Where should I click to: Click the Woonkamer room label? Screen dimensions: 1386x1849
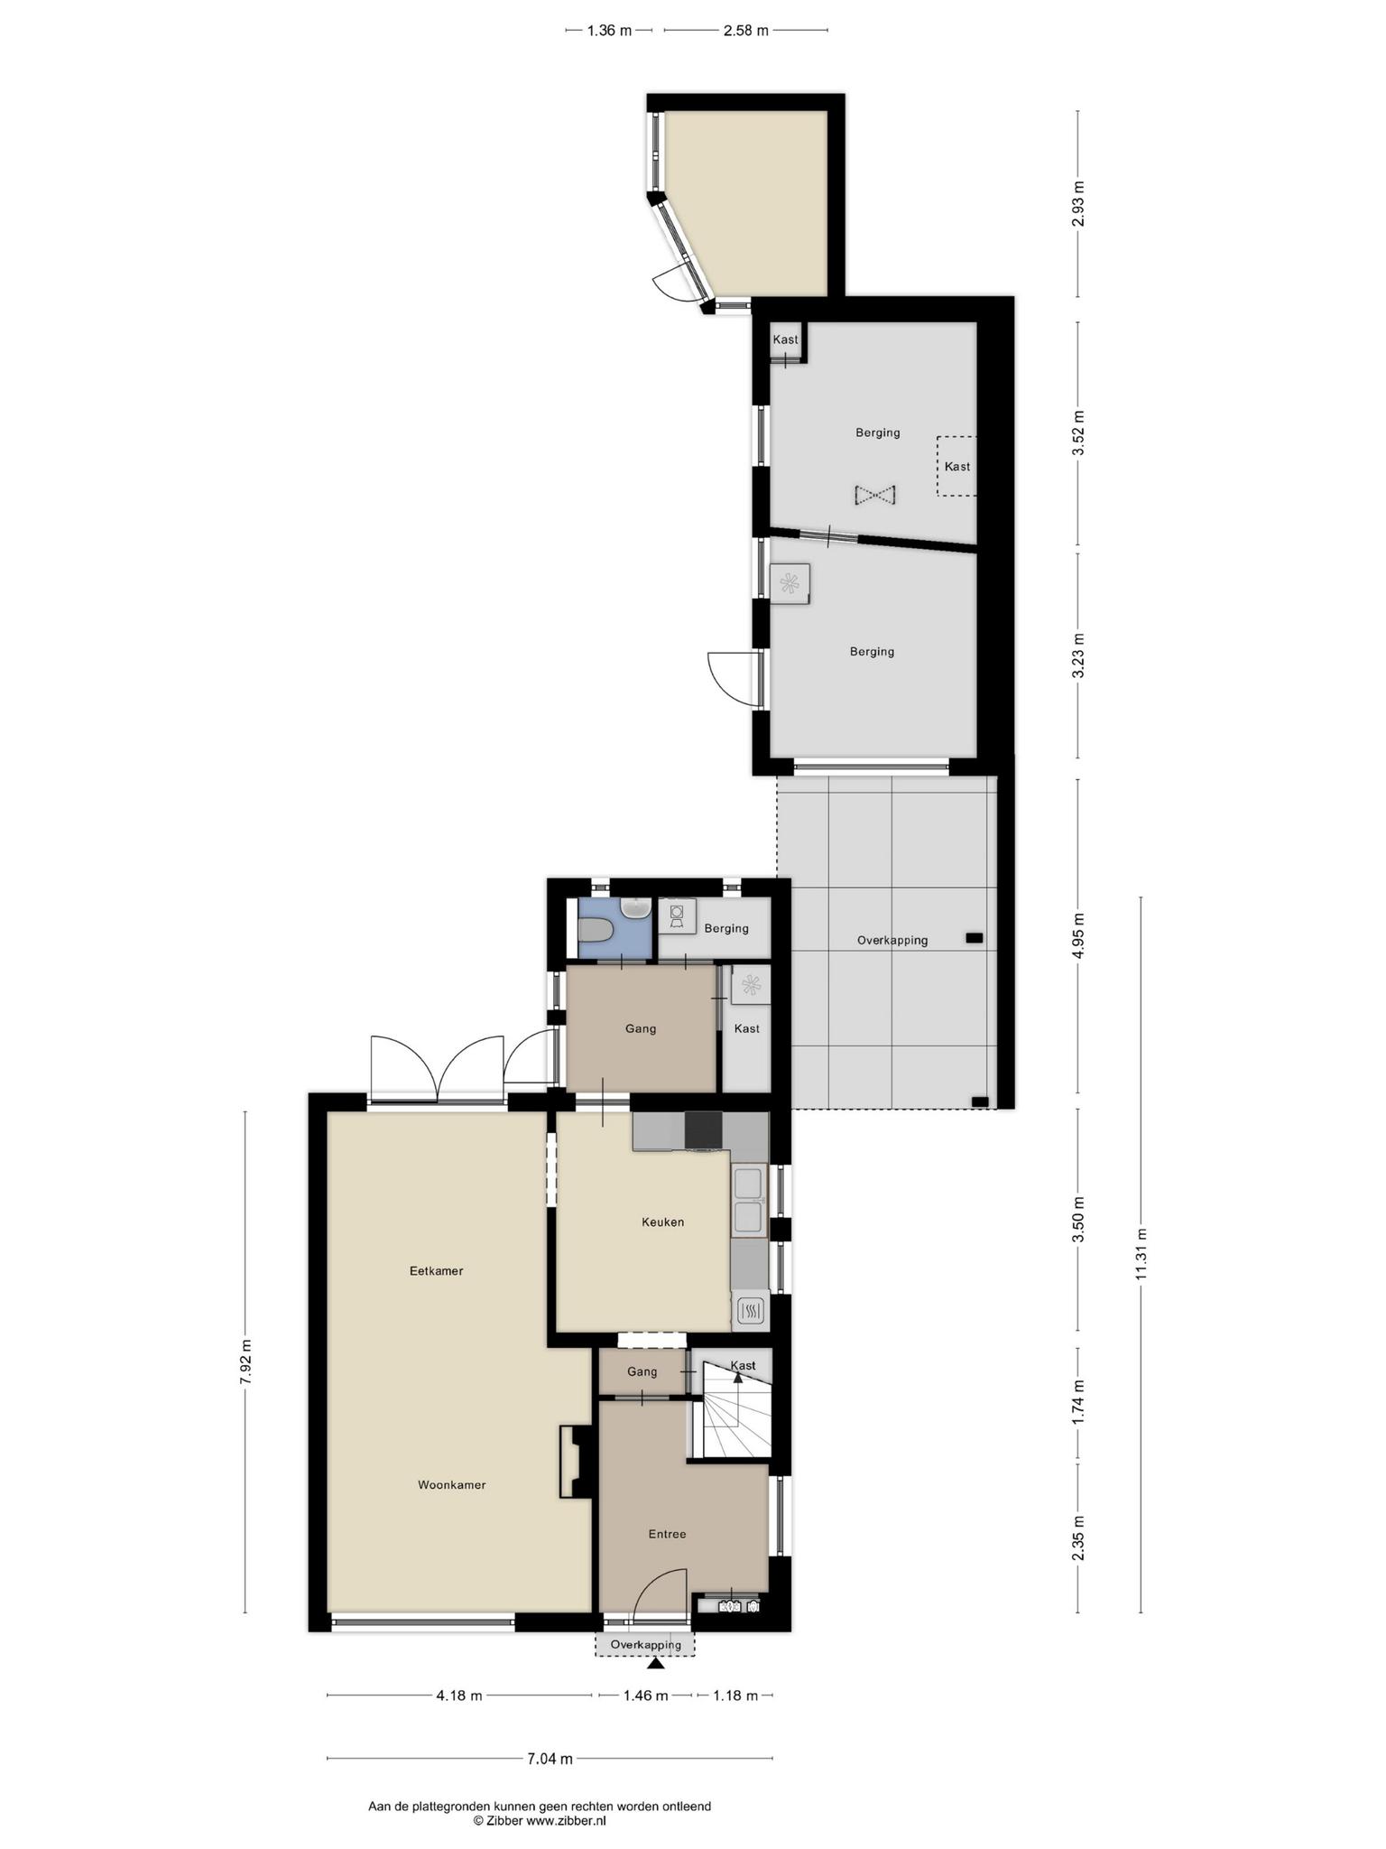pos(451,1485)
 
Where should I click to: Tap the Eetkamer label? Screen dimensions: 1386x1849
pos(436,1271)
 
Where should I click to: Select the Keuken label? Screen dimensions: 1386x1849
pos(662,1222)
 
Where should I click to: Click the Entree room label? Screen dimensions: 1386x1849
pos(667,1534)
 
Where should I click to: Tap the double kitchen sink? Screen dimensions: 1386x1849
pos(749,1201)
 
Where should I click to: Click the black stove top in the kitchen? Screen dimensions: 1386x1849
pos(704,1129)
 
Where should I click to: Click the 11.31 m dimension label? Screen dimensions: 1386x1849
pos(1141,1254)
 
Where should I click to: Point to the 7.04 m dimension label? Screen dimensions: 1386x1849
pos(550,1759)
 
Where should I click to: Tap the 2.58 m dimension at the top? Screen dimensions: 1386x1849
pos(745,31)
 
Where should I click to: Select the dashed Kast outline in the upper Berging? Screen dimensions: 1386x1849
pos(956,466)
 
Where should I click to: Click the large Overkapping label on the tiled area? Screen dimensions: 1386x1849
pos(892,940)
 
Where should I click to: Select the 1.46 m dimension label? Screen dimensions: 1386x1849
pos(645,1696)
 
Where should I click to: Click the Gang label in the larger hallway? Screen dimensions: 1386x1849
pos(641,1028)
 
